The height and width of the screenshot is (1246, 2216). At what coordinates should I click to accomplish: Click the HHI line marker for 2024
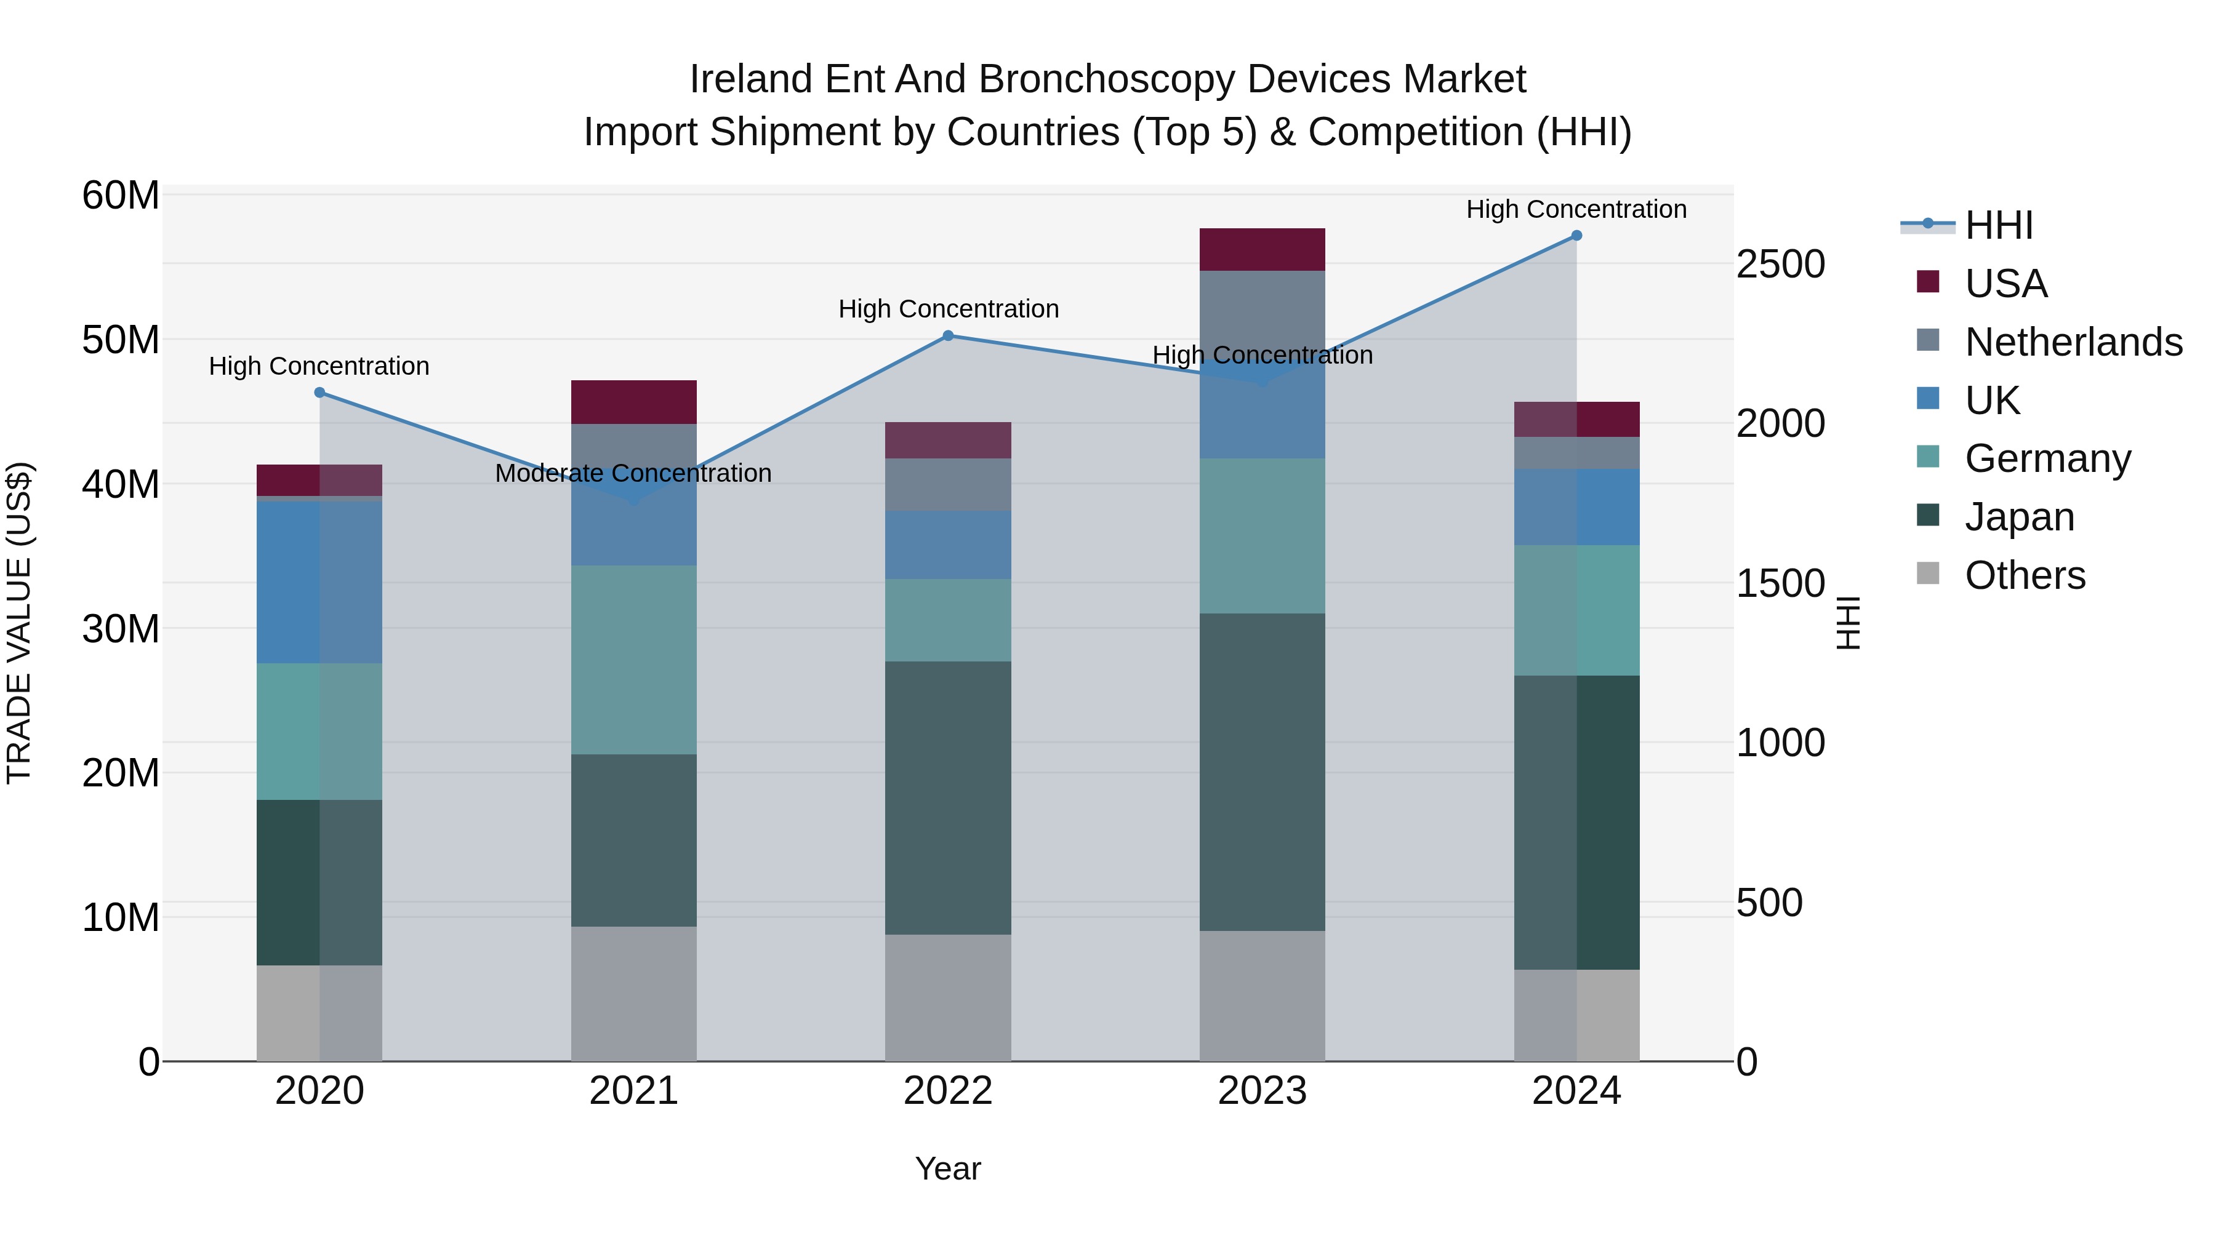click(1576, 236)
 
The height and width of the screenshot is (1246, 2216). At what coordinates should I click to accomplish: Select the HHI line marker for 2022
click(948, 335)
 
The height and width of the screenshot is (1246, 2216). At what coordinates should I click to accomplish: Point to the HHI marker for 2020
click(319, 392)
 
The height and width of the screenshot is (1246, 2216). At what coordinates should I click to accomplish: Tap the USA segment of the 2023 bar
click(1262, 249)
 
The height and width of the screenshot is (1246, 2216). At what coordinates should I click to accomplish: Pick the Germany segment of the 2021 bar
click(634, 660)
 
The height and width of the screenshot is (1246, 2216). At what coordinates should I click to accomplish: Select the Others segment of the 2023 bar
click(1262, 996)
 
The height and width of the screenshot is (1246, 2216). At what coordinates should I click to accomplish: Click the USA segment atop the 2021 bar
click(634, 402)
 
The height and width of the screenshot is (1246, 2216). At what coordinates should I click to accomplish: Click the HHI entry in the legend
click(1998, 225)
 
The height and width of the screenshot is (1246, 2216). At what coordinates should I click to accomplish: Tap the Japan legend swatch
click(1928, 516)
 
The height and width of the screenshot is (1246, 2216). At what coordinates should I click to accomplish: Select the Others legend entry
click(2024, 575)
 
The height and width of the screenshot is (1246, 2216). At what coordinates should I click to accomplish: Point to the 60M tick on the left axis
click(121, 195)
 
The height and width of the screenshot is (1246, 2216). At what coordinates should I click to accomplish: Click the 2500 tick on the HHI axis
click(1780, 264)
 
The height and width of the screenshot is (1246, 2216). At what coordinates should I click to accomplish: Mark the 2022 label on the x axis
click(948, 1091)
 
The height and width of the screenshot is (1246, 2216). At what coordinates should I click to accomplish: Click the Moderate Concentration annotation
click(633, 473)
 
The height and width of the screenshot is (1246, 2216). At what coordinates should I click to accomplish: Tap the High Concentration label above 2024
click(1576, 209)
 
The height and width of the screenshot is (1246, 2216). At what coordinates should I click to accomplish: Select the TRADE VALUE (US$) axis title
click(19, 623)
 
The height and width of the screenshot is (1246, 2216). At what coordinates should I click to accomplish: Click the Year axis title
click(948, 1168)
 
